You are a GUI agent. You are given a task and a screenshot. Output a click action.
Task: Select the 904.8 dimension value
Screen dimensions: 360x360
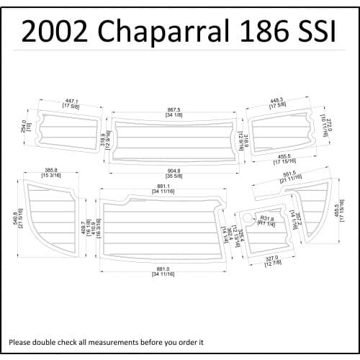[x=173, y=171]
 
